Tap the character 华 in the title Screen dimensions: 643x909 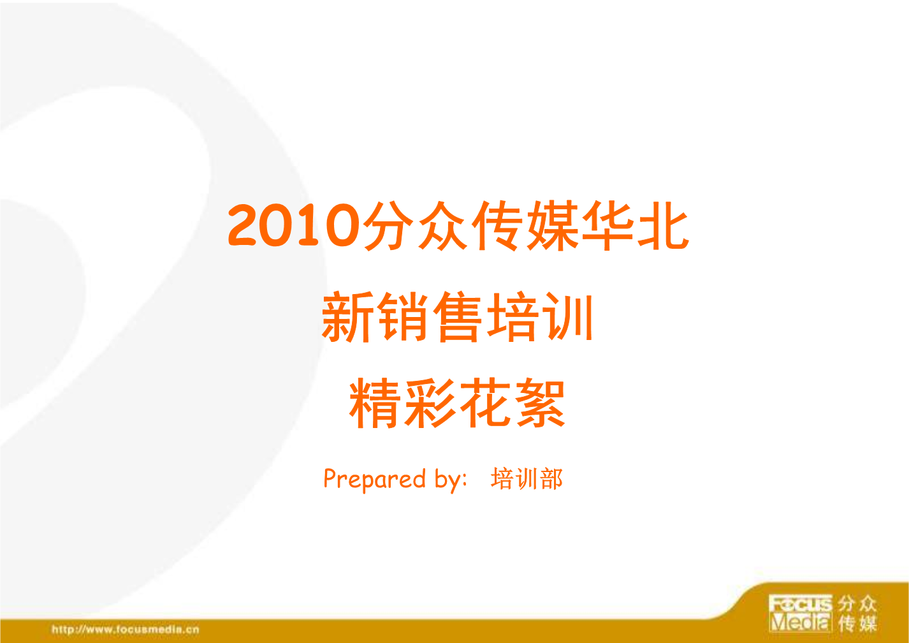coord(607,226)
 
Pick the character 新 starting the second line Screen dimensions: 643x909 coord(348,318)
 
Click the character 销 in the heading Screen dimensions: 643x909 coord(403,318)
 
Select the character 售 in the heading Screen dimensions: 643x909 coord(458,318)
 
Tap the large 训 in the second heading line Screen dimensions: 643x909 coord(567,318)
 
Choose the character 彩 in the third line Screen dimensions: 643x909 coord(430,403)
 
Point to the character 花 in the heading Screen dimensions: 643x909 coord(485,403)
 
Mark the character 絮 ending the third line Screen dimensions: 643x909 coord(540,403)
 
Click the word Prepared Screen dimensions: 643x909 coord(375,479)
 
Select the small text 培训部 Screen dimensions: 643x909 coord(527,479)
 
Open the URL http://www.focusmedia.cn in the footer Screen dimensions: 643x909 coord(126,630)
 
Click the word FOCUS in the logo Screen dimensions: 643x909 coord(801,603)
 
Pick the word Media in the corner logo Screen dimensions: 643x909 coord(801,622)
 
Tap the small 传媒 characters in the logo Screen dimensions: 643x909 coord(858,623)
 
